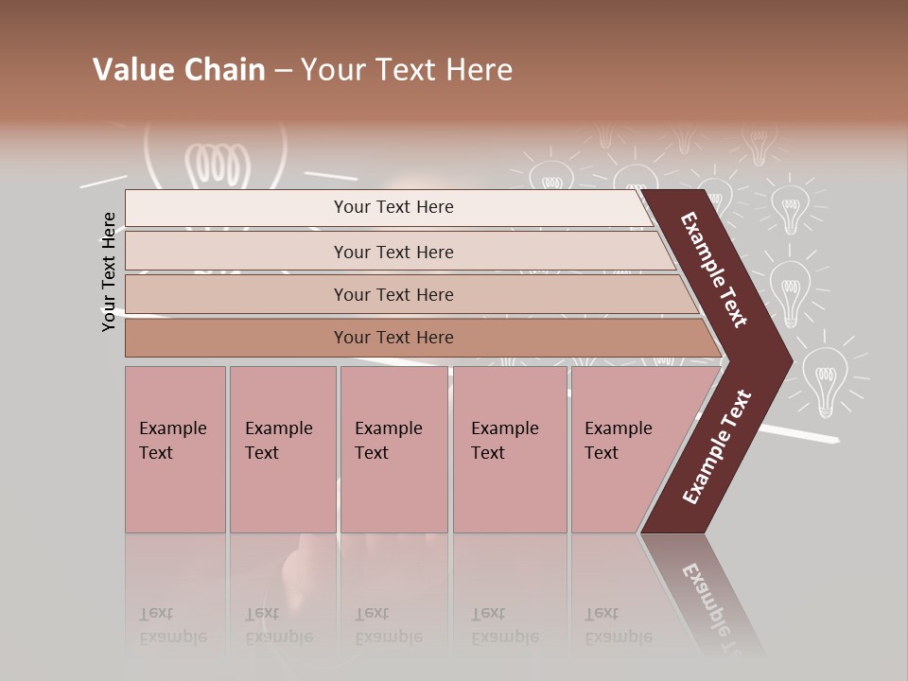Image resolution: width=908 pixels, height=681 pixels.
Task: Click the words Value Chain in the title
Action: (179, 70)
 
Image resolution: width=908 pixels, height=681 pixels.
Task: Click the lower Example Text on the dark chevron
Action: (717, 446)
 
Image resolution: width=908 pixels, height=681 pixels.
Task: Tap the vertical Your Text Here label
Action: (110, 271)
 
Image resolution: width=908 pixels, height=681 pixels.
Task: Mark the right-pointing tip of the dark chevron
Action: (787, 360)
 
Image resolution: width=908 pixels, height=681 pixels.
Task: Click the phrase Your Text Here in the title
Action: (407, 70)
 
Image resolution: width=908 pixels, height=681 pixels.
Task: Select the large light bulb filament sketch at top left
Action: (217, 166)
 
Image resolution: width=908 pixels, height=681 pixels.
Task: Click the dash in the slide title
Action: (283, 70)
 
